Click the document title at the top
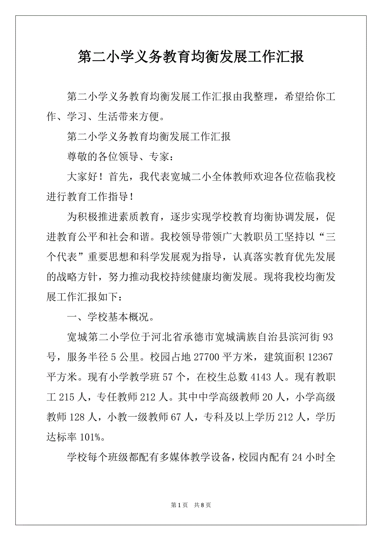(191, 57)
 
